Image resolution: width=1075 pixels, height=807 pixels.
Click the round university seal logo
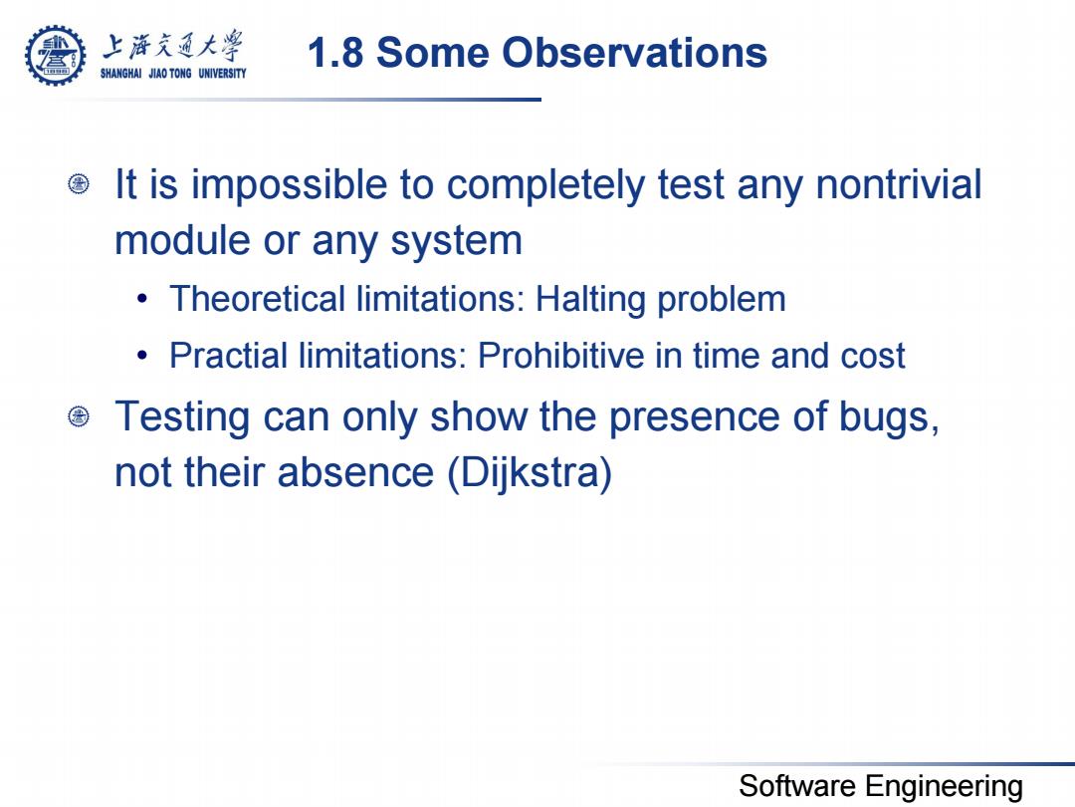[x=56, y=56]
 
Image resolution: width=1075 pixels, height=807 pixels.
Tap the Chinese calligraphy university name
[x=173, y=46]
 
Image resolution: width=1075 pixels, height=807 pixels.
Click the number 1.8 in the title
[x=335, y=53]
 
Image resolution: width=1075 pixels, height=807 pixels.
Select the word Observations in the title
[x=634, y=53]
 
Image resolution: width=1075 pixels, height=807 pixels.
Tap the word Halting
[x=590, y=301]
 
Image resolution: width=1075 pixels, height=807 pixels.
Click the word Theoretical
[x=258, y=299]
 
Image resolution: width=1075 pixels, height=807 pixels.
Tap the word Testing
[x=182, y=417]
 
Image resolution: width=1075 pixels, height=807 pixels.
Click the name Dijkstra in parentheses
[x=530, y=473]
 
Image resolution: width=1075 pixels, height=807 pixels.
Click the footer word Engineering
[x=944, y=787]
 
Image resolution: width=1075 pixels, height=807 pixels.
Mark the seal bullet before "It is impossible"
[x=79, y=184]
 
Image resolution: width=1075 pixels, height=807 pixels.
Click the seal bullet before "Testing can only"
[x=79, y=415]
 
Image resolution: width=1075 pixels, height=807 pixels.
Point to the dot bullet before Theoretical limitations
[x=142, y=299]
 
